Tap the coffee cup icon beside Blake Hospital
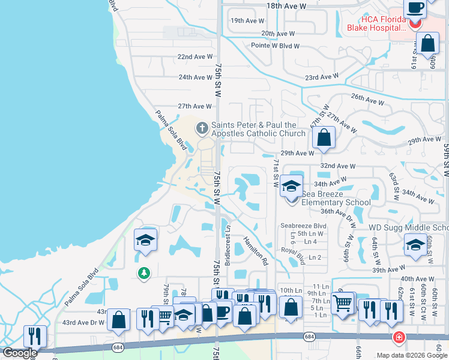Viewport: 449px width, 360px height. pyautogui.click(x=415, y=9)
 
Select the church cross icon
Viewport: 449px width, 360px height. pyautogui.click(x=202, y=127)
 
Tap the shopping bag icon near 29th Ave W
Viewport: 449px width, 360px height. pyautogui.click(x=324, y=137)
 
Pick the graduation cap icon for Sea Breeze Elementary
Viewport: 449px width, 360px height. pyautogui.click(x=291, y=186)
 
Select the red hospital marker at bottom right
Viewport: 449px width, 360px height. pyautogui.click(x=397, y=338)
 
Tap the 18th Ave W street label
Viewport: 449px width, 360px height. pyautogui.click(x=286, y=5)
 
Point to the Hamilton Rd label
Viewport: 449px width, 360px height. pyautogui.click(x=255, y=250)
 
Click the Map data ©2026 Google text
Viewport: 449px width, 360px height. pyautogui.click(x=411, y=355)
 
